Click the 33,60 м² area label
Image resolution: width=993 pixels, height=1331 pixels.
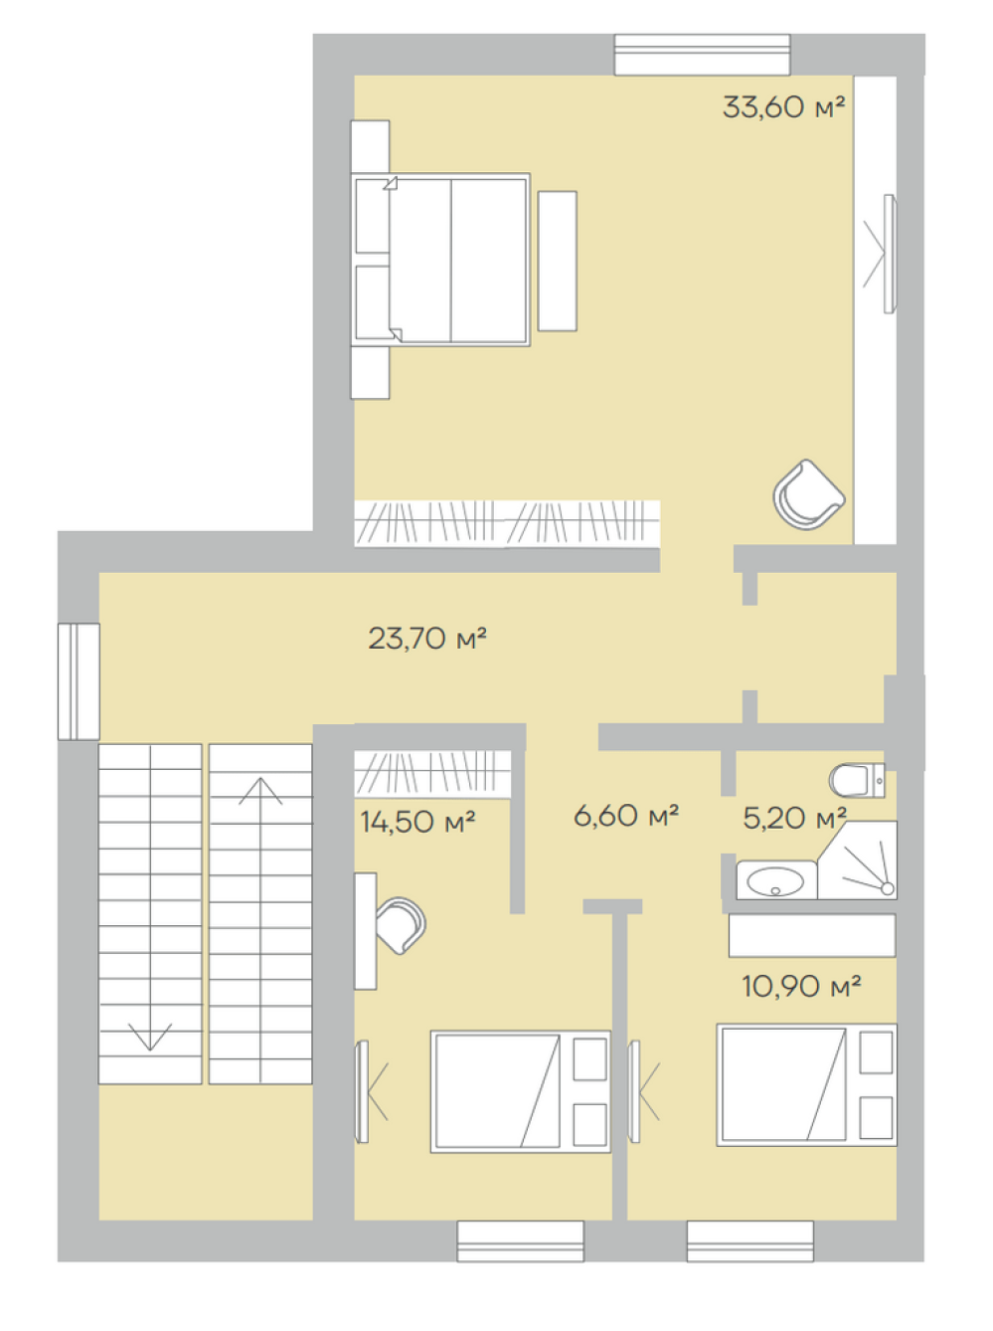click(x=783, y=107)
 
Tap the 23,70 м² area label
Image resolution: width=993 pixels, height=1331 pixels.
click(x=427, y=638)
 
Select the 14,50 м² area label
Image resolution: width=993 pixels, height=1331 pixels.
click(x=417, y=822)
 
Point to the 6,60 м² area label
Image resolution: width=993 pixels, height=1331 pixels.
click(x=625, y=816)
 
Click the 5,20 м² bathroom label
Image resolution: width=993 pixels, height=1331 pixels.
click(x=794, y=818)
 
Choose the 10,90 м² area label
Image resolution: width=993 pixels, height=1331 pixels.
click(x=801, y=987)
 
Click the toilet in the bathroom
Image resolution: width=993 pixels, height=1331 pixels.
click(x=857, y=780)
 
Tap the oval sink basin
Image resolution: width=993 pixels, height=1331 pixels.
click(x=775, y=881)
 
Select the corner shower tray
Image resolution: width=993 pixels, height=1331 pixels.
click(x=857, y=860)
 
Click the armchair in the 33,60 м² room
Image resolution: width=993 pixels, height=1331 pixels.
click(x=808, y=494)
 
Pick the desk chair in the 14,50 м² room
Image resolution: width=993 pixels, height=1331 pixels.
click(x=400, y=925)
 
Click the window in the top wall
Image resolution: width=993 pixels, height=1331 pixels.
click(x=702, y=55)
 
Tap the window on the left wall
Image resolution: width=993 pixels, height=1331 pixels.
click(x=79, y=681)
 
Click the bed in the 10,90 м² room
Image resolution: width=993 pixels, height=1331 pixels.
click(x=806, y=1085)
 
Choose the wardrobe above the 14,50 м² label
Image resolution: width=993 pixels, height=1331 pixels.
click(x=432, y=774)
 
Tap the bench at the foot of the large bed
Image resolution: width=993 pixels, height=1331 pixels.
click(x=558, y=262)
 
